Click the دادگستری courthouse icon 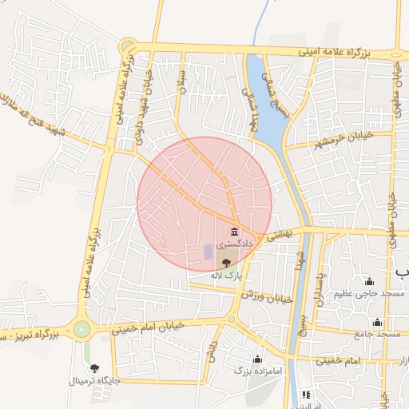[x=233, y=231]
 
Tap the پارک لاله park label [x=226, y=274]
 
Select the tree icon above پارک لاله [x=226, y=261]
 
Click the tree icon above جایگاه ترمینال [x=95, y=368]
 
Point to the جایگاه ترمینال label [x=95, y=381]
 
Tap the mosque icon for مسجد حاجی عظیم [x=369, y=281]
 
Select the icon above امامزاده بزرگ [x=257, y=359]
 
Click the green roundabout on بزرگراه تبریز [x=81, y=328]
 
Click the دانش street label [x=212, y=351]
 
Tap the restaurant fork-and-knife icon [x=305, y=395]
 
